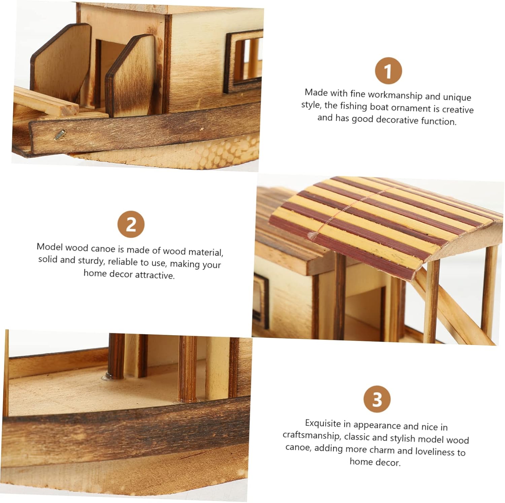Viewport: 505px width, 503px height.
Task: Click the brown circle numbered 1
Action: pyautogui.click(x=388, y=71)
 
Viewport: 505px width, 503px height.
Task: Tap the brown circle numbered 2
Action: pyautogui.click(x=131, y=224)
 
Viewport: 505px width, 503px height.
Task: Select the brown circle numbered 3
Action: pyautogui.click(x=377, y=399)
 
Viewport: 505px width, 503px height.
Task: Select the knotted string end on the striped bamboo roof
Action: pyautogui.click(x=313, y=235)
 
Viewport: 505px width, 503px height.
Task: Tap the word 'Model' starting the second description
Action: pyautogui.click(x=49, y=247)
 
